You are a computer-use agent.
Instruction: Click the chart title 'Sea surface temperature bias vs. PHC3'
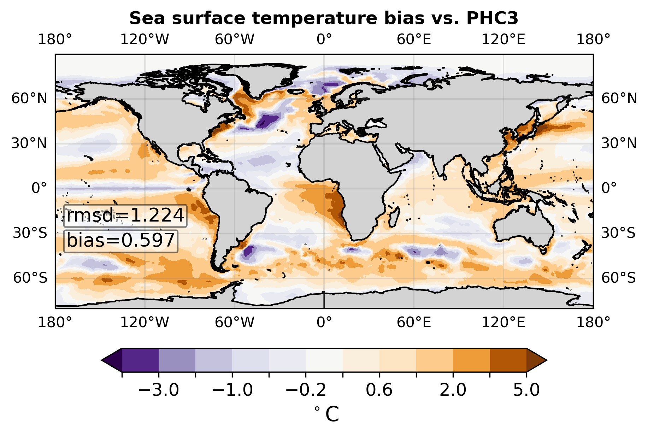click(324, 18)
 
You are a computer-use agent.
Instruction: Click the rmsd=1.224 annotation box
click(125, 216)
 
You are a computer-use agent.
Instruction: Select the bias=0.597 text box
click(121, 241)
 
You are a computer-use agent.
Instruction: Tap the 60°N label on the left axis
click(29, 99)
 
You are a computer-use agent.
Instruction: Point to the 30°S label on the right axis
click(618, 233)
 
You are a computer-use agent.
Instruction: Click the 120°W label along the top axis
click(145, 40)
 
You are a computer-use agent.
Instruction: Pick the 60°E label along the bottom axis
click(414, 322)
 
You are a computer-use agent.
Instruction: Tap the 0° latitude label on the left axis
click(39, 188)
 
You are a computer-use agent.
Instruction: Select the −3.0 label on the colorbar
click(159, 390)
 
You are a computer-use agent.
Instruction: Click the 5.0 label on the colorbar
click(526, 390)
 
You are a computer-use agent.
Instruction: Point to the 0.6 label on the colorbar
click(379, 390)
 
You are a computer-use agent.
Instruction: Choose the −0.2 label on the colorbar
click(306, 390)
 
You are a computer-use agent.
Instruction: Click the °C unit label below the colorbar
click(326, 414)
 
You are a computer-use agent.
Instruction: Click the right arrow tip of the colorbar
click(547, 360)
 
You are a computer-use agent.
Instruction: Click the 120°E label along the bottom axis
click(503, 322)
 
